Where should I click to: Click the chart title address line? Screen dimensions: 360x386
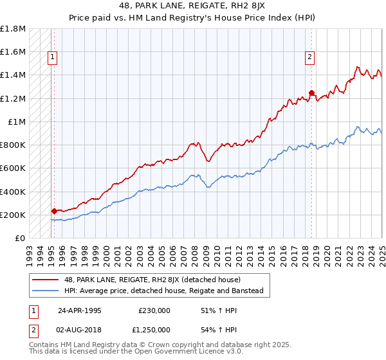(x=192, y=6)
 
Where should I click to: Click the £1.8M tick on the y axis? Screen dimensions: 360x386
(x=13, y=29)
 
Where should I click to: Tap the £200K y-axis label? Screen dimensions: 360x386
(x=13, y=215)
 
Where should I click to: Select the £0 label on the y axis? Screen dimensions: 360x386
(x=21, y=239)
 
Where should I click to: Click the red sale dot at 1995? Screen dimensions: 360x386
(x=54, y=211)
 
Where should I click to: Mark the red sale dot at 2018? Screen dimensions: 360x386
(x=312, y=93)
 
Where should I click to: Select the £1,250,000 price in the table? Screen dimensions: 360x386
(x=154, y=330)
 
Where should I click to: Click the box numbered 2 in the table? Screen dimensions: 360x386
(x=33, y=330)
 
